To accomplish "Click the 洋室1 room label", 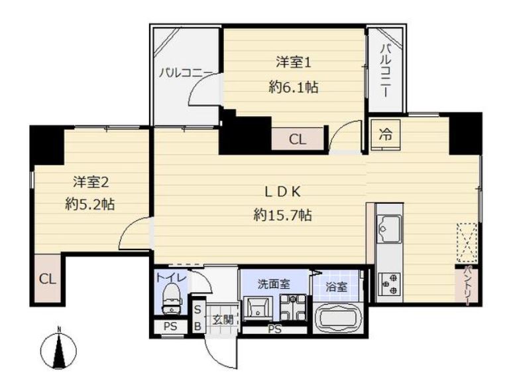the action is tap(294, 62).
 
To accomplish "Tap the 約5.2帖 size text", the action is tap(90, 204).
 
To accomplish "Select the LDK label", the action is tap(283, 192).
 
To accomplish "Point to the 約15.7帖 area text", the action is tap(282, 214).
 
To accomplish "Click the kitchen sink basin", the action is tap(389, 228).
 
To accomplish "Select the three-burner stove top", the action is tap(389, 284).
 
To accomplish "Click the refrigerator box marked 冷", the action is tap(386, 134).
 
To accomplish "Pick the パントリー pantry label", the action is tap(467, 285).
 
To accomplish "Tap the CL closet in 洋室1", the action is tap(298, 139).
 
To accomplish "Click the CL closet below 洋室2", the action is tap(48, 279).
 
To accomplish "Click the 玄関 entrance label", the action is tap(223, 320).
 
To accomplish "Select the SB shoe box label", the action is tap(197, 318).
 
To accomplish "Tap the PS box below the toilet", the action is tap(170, 327).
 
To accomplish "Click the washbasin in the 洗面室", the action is tap(258, 309).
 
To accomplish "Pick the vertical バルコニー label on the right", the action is tap(385, 70).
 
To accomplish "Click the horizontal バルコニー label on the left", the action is tap(186, 72).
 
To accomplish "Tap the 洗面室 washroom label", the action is tap(274, 284).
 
